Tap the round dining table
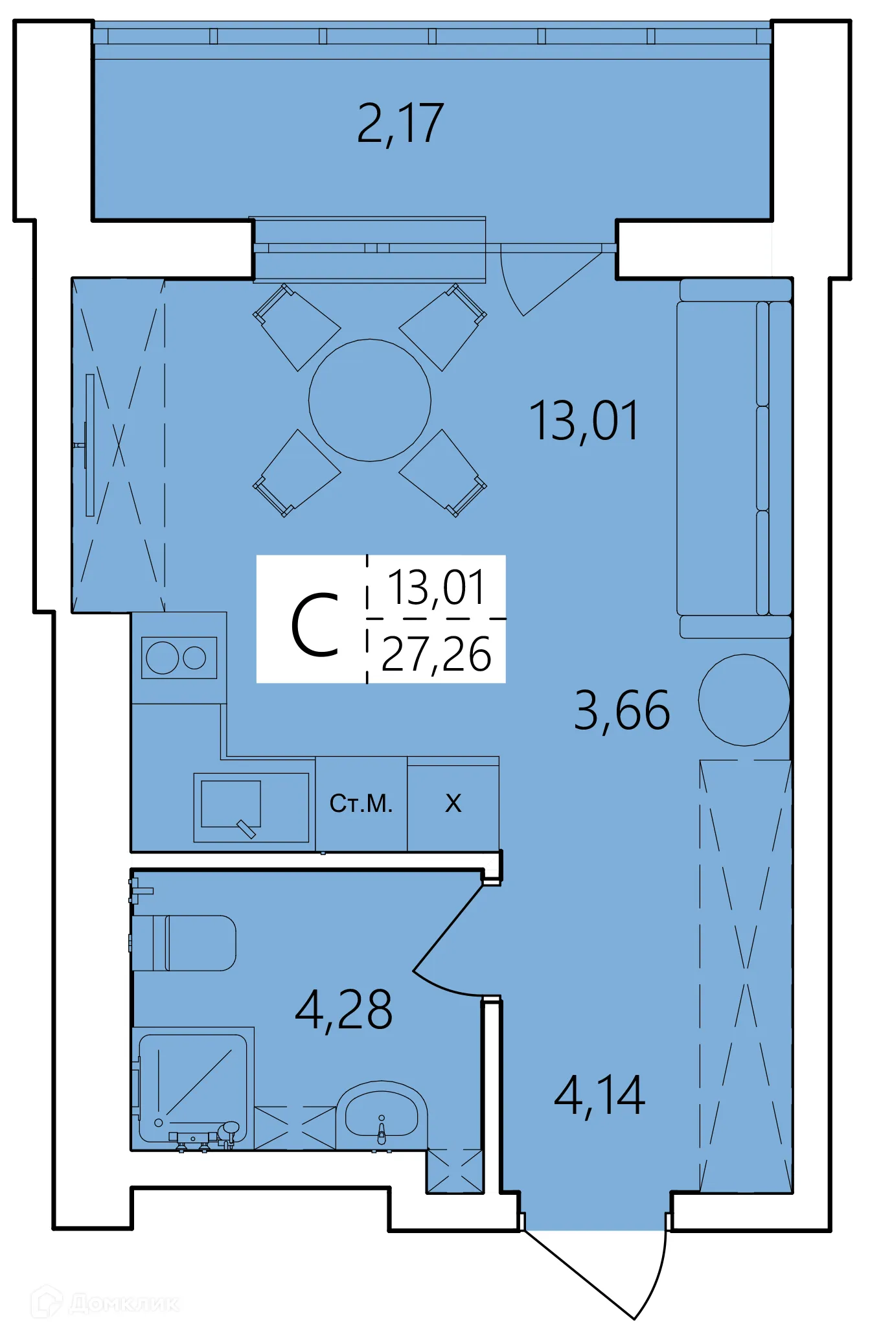click(369, 400)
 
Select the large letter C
click(315, 626)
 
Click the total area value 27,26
click(436, 654)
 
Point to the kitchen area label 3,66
click(621, 711)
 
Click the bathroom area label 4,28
click(343, 1010)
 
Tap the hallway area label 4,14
click(599, 1096)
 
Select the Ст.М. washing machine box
click(361, 804)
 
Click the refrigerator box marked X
click(453, 804)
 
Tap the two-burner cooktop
click(179, 658)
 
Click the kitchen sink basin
click(231, 804)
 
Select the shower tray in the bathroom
click(192, 1089)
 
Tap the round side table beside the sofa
click(743, 700)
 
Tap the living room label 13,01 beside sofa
click(584, 421)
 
